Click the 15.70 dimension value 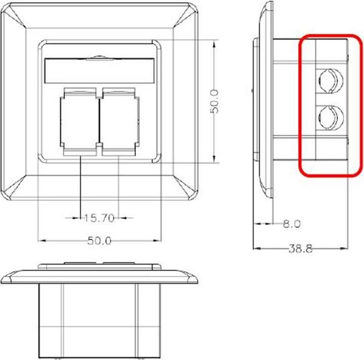point(99,218)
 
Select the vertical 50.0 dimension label point(214,101)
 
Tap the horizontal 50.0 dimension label point(99,241)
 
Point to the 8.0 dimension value point(290,223)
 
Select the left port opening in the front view point(79,120)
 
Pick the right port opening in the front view point(118,120)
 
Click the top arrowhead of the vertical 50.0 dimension point(215,42)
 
